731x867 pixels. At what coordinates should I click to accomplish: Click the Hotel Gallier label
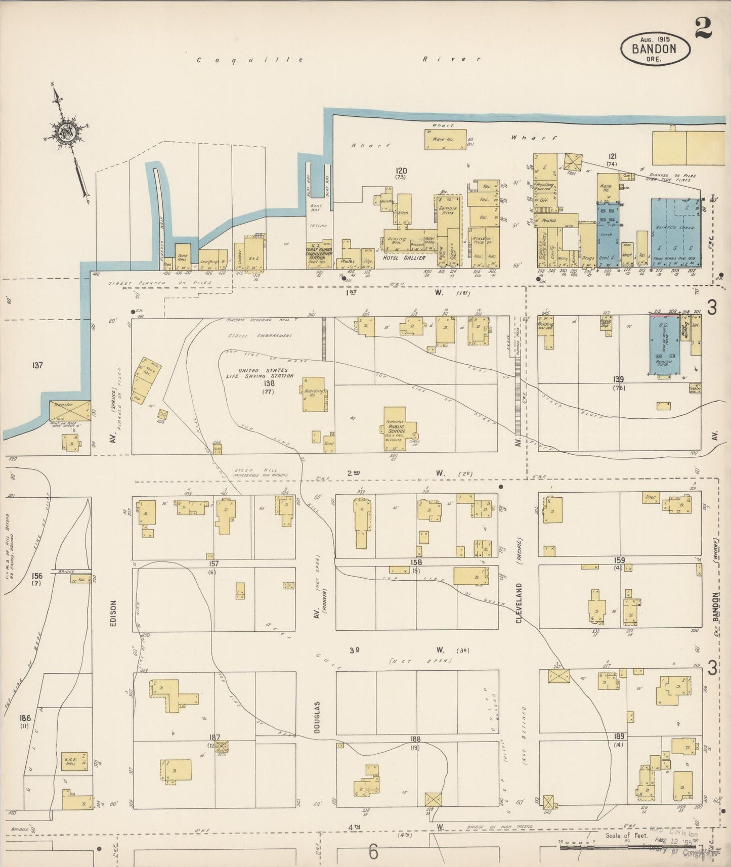coord(403,257)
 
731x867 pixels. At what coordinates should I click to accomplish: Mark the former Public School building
coord(398,429)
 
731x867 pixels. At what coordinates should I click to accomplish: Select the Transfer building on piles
coord(70,410)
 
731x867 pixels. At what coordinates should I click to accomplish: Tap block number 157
coord(214,563)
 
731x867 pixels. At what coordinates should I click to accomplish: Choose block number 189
coord(619,736)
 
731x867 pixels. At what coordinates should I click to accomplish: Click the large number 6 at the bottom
coord(373,852)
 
